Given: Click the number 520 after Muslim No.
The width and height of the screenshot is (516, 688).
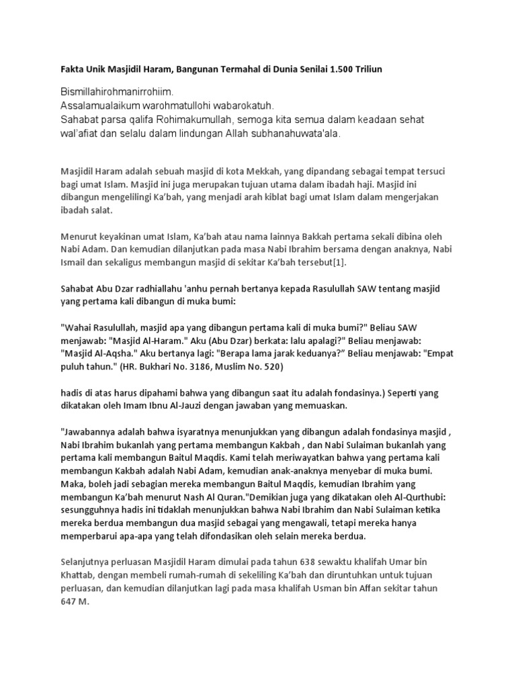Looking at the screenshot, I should click(x=275, y=368).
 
